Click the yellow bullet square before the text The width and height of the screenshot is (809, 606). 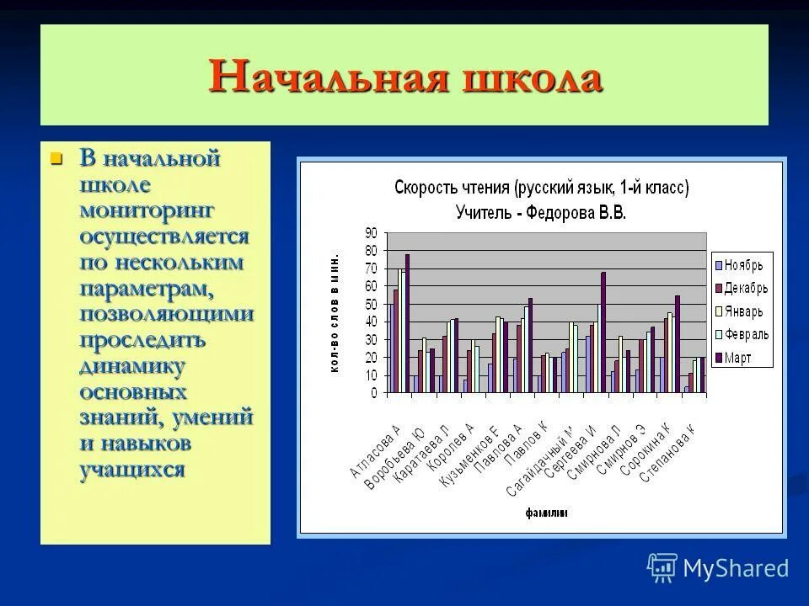(56, 158)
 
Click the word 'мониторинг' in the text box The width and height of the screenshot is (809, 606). (147, 210)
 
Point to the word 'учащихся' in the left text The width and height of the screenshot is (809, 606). (131, 470)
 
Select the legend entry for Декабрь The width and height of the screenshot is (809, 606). (742, 288)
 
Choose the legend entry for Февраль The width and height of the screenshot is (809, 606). (742, 334)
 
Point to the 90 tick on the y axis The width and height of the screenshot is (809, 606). (371, 233)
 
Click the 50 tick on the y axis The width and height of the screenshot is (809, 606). (371, 304)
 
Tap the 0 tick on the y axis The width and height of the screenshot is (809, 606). (373, 393)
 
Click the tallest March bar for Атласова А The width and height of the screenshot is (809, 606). (407, 324)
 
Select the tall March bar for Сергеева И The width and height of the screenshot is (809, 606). (603, 332)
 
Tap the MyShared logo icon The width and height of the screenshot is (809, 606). (662, 568)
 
